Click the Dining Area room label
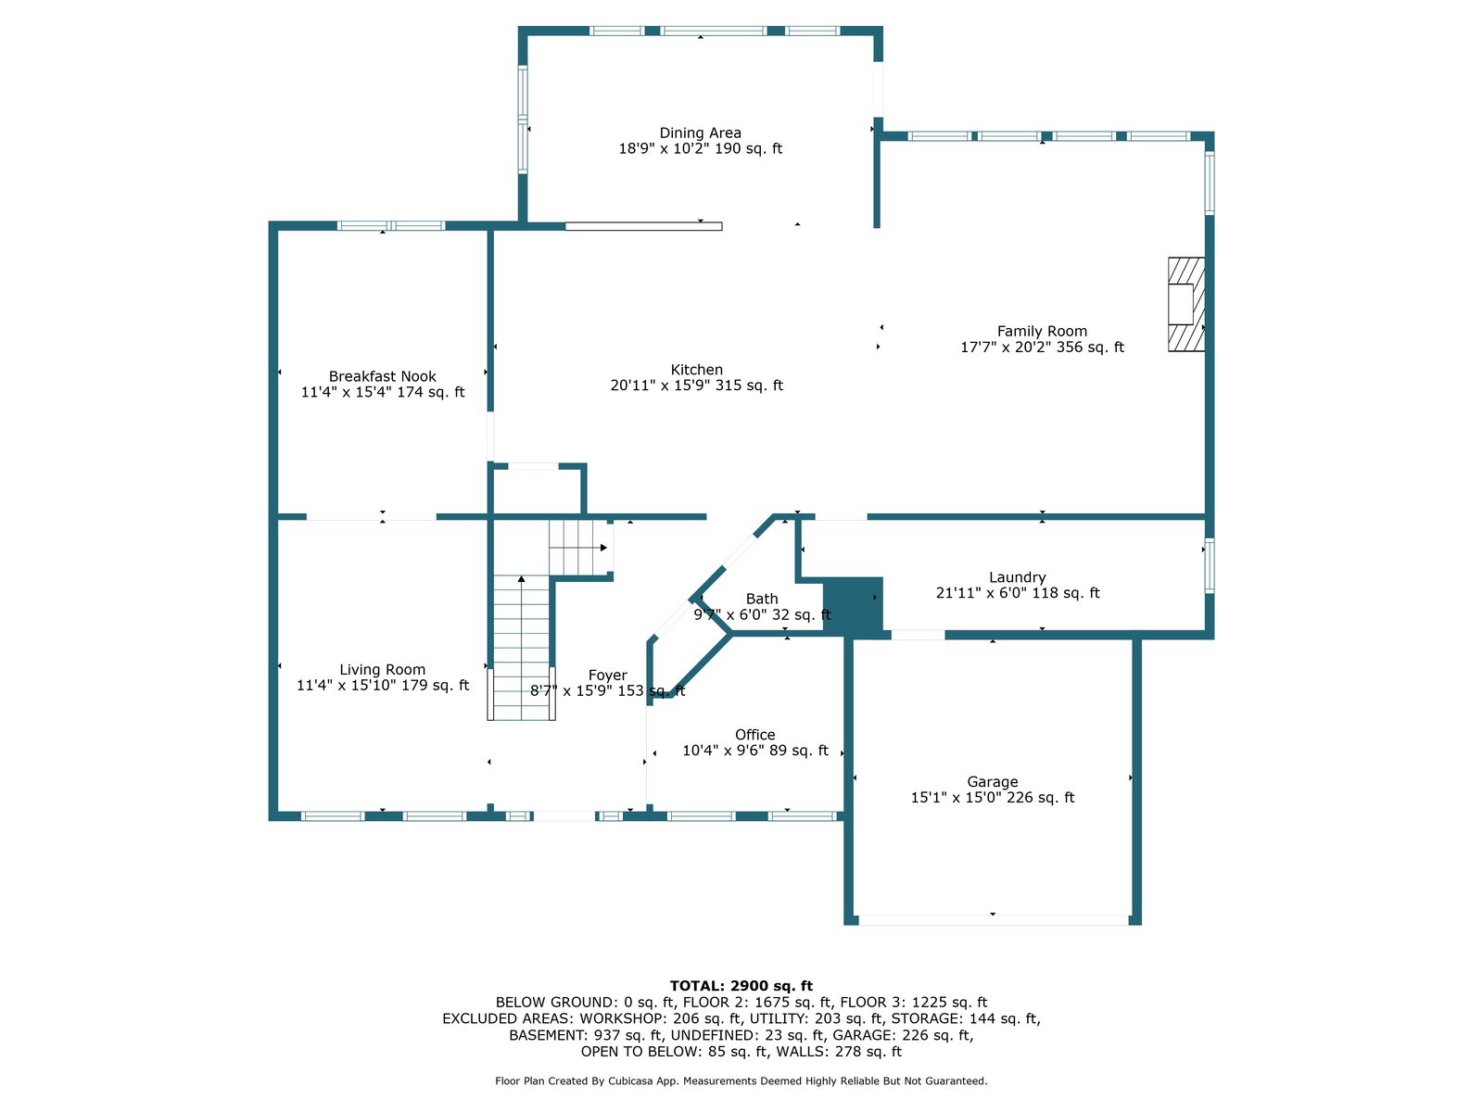pyautogui.click(x=700, y=133)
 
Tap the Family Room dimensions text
pyautogui.click(x=1042, y=347)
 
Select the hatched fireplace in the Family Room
pyautogui.click(x=1185, y=304)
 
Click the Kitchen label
pyautogui.click(x=696, y=370)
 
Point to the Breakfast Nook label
pyautogui.click(x=382, y=376)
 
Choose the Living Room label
pyautogui.click(x=382, y=669)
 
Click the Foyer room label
pyautogui.click(x=607, y=676)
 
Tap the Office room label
pyautogui.click(x=754, y=735)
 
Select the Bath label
pyautogui.click(x=762, y=600)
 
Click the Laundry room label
pyautogui.click(x=1017, y=577)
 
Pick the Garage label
pyautogui.click(x=992, y=782)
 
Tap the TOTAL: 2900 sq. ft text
pyautogui.click(x=741, y=986)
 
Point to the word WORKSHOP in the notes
pyautogui.click(x=622, y=1018)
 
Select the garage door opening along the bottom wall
pyautogui.click(x=993, y=919)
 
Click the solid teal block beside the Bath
pyautogui.click(x=852, y=606)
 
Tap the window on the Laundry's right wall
pyautogui.click(x=1209, y=565)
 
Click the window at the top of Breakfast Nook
pyautogui.click(x=390, y=225)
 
